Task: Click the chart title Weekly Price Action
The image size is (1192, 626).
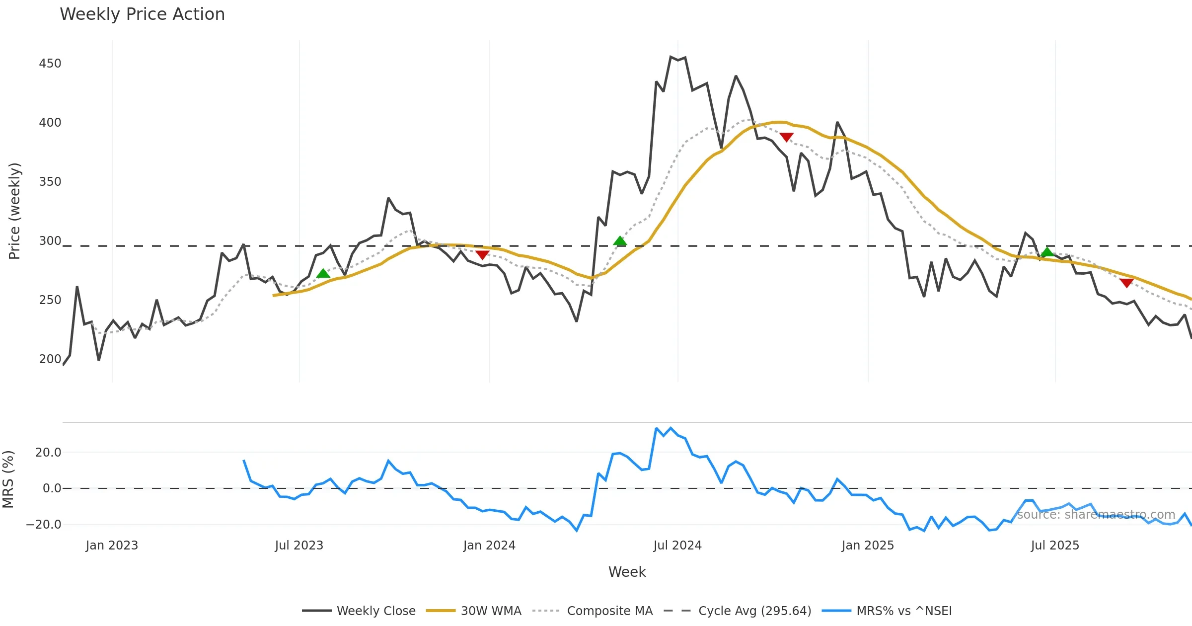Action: (x=142, y=14)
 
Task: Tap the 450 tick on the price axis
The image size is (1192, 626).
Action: (x=50, y=64)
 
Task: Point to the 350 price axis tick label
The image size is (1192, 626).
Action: (x=50, y=182)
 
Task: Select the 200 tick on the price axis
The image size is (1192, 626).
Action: (x=50, y=359)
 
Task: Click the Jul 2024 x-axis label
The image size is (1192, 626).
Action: (x=677, y=546)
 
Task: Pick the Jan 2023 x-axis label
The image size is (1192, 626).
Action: (x=112, y=546)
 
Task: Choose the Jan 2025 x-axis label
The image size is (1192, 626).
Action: (x=868, y=546)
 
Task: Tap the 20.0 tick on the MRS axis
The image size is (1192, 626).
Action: (x=48, y=453)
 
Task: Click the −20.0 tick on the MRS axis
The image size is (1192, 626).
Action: (x=44, y=525)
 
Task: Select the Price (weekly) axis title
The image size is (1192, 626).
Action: (x=14, y=211)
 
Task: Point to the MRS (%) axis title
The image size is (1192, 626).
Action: (x=8, y=479)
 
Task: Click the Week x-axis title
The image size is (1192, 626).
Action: (x=627, y=572)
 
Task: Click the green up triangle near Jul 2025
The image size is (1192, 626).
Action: (x=1047, y=252)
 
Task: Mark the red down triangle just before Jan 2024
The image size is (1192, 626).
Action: (x=482, y=255)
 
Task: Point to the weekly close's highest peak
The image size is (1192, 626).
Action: (x=671, y=57)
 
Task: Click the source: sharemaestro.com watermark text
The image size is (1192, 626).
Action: (x=1096, y=515)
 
